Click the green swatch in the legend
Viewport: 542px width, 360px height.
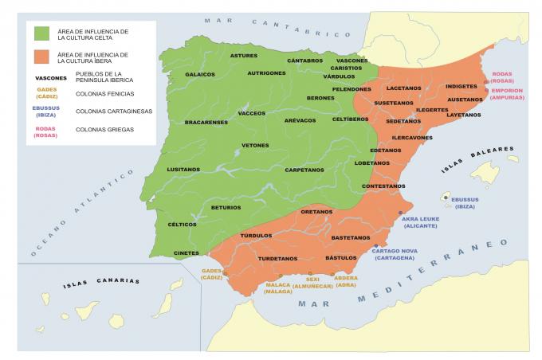tap(41, 33)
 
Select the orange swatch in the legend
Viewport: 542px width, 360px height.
tap(41, 57)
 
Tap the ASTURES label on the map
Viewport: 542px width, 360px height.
tap(244, 56)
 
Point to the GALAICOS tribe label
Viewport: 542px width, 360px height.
tap(200, 74)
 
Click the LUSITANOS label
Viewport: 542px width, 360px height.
tap(183, 170)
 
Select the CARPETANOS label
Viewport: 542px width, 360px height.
tap(304, 170)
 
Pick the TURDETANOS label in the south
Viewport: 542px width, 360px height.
tap(277, 259)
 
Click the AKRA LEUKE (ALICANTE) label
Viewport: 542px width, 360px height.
tap(421, 222)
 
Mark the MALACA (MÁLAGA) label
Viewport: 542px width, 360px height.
tap(277, 288)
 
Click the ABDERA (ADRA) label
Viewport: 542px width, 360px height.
tap(346, 282)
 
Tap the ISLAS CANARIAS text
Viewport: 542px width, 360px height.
tap(103, 281)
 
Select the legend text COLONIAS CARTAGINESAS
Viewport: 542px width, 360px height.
tap(114, 112)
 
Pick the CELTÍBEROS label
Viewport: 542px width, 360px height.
tap(350, 119)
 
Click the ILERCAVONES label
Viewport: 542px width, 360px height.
tap(412, 138)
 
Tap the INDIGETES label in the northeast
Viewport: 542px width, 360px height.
tap(461, 86)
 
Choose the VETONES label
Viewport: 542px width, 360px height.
tap(256, 146)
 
